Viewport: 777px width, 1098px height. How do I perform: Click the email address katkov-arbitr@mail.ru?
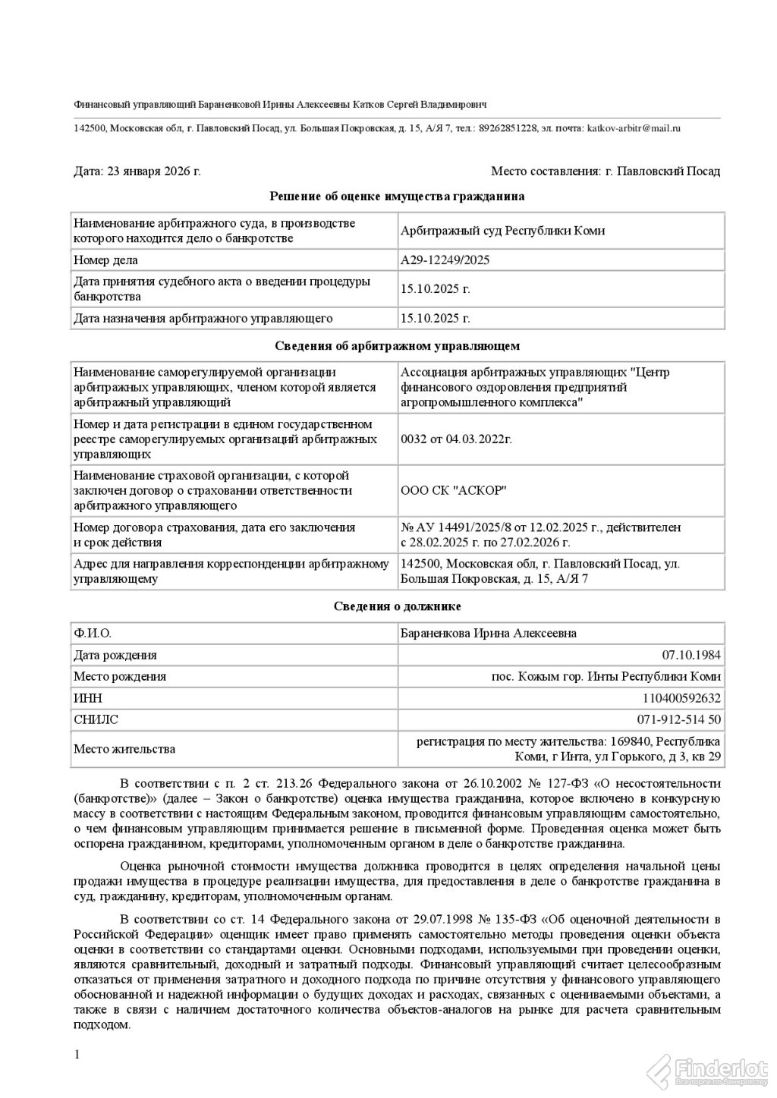tap(634, 128)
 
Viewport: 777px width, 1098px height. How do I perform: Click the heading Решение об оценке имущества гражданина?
tap(397, 197)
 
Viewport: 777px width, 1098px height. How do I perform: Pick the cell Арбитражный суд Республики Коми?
tap(502, 231)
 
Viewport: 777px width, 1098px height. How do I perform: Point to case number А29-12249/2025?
tap(445, 260)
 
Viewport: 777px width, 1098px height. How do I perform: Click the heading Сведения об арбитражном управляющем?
tap(397, 346)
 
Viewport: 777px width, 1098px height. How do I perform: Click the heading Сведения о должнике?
tap(397, 607)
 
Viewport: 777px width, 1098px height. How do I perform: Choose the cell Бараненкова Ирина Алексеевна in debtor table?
tap(488, 634)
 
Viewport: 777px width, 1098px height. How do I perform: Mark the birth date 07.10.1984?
tap(691, 656)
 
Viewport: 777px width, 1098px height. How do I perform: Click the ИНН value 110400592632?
tap(684, 698)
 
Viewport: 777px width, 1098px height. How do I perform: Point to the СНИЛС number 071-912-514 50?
tap(679, 719)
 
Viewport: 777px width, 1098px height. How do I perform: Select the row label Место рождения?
tap(120, 677)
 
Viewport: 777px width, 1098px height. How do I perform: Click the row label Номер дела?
tap(105, 260)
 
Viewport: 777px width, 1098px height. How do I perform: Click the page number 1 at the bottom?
tap(77, 1055)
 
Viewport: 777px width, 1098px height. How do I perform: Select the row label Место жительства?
tap(124, 749)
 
